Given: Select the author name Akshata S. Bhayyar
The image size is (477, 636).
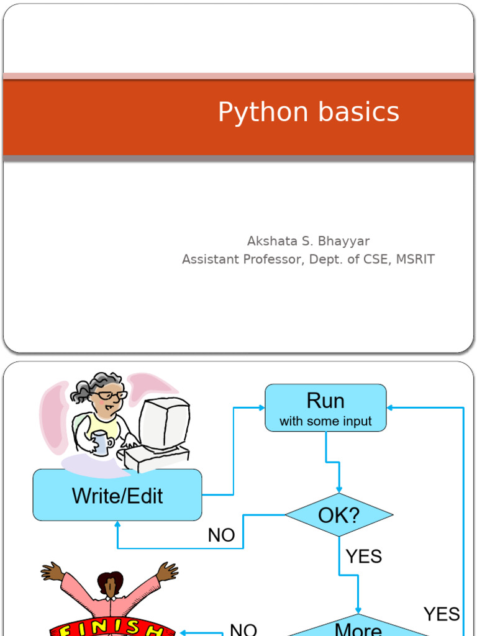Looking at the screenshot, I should (x=308, y=241).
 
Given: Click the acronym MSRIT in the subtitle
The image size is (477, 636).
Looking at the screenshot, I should (x=415, y=260).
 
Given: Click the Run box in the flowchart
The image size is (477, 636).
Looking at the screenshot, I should (x=325, y=407).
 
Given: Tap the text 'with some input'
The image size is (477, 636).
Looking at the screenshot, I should (x=325, y=422).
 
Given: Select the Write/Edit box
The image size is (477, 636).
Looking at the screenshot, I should (x=117, y=495).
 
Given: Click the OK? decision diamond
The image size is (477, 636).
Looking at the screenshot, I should (x=339, y=515).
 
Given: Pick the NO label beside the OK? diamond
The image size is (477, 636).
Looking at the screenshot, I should (x=221, y=535).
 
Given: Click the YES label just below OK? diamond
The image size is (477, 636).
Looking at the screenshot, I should (x=363, y=556).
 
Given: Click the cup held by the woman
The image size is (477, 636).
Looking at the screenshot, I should (x=100, y=444).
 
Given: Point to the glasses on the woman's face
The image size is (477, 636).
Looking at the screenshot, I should (x=111, y=395).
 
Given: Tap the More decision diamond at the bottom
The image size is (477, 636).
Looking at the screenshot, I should (x=358, y=629).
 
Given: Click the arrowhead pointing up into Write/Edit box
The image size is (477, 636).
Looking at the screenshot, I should (x=117, y=525).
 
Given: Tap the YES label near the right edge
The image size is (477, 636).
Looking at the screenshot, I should (x=442, y=614).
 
